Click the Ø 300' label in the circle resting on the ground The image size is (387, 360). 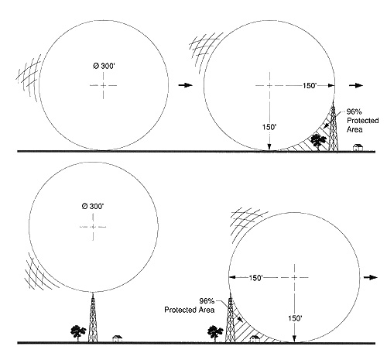click(104, 66)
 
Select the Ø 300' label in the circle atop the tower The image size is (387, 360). click(93, 206)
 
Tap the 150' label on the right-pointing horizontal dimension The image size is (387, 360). click(310, 86)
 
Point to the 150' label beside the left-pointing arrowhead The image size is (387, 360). click(255, 278)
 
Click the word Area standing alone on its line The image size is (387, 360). click(354, 129)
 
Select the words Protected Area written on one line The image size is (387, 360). click(190, 310)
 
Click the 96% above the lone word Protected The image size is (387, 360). click(354, 111)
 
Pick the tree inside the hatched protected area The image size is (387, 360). click(318, 142)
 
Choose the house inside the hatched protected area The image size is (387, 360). click(255, 338)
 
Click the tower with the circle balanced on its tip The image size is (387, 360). click(93, 319)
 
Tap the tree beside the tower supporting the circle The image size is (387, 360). click(78, 333)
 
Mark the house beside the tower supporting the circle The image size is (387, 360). click(118, 338)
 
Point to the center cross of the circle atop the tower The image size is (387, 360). click(93, 227)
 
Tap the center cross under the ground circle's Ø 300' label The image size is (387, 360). click(103, 85)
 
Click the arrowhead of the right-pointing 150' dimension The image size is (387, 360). click(331, 86)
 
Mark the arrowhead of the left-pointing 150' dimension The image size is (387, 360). click(232, 277)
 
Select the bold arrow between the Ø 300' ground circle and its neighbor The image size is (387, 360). click(186, 85)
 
